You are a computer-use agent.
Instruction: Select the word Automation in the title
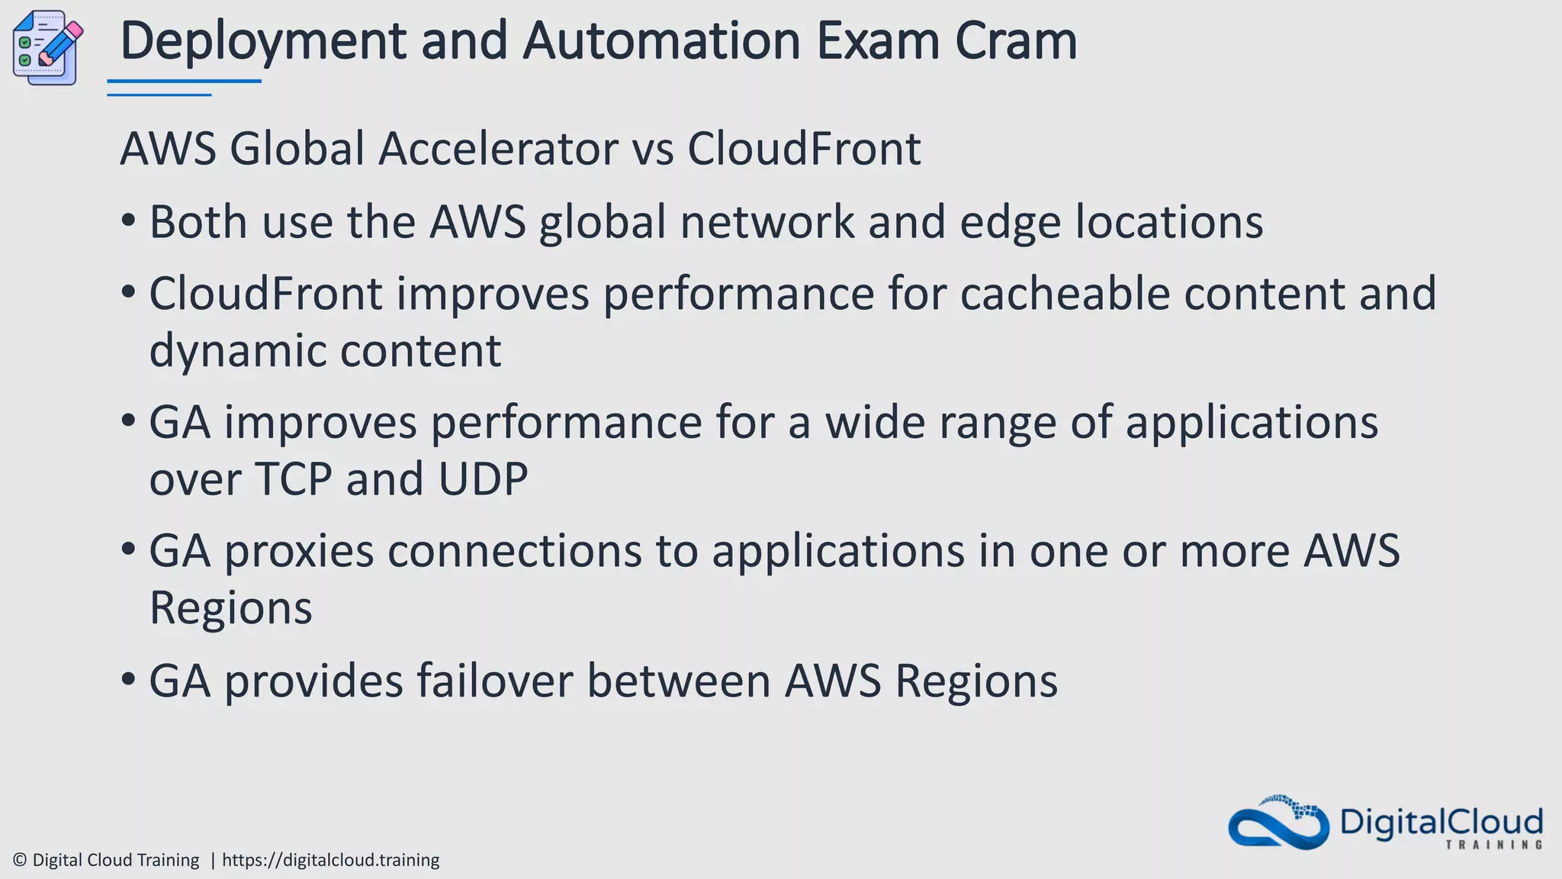click(661, 41)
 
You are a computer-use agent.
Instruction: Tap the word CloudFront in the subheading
click(804, 148)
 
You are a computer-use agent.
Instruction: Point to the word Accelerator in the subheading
click(498, 148)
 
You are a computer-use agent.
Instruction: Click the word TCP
click(294, 479)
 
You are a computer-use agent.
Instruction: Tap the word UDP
click(483, 479)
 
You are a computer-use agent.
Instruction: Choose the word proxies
click(299, 551)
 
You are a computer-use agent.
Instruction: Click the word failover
click(494, 681)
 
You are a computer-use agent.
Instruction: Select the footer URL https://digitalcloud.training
click(330, 860)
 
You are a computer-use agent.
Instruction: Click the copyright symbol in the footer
click(21, 860)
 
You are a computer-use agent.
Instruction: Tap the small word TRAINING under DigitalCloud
click(1493, 845)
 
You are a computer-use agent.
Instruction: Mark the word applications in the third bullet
click(1252, 423)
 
